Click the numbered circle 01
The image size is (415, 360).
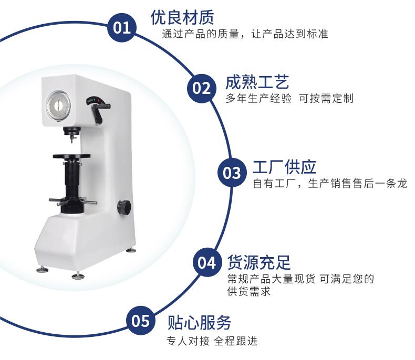(122, 27)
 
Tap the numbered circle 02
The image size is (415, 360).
(201, 88)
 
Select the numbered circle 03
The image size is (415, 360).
(232, 173)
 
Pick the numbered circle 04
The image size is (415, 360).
(207, 262)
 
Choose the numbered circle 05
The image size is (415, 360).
(141, 321)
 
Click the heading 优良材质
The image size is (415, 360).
(182, 17)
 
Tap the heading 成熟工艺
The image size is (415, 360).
(257, 82)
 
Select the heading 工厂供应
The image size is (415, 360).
(284, 167)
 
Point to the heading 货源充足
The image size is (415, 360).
(259, 262)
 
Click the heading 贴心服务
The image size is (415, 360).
(199, 322)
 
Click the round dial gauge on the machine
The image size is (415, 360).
(59, 105)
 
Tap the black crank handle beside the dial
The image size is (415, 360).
(100, 112)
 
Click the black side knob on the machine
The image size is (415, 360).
(124, 207)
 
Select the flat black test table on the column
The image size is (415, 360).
(71, 156)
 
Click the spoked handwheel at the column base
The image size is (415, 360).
(72, 202)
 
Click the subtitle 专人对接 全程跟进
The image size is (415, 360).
(212, 341)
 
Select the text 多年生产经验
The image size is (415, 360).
(258, 99)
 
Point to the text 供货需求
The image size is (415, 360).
(249, 292)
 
